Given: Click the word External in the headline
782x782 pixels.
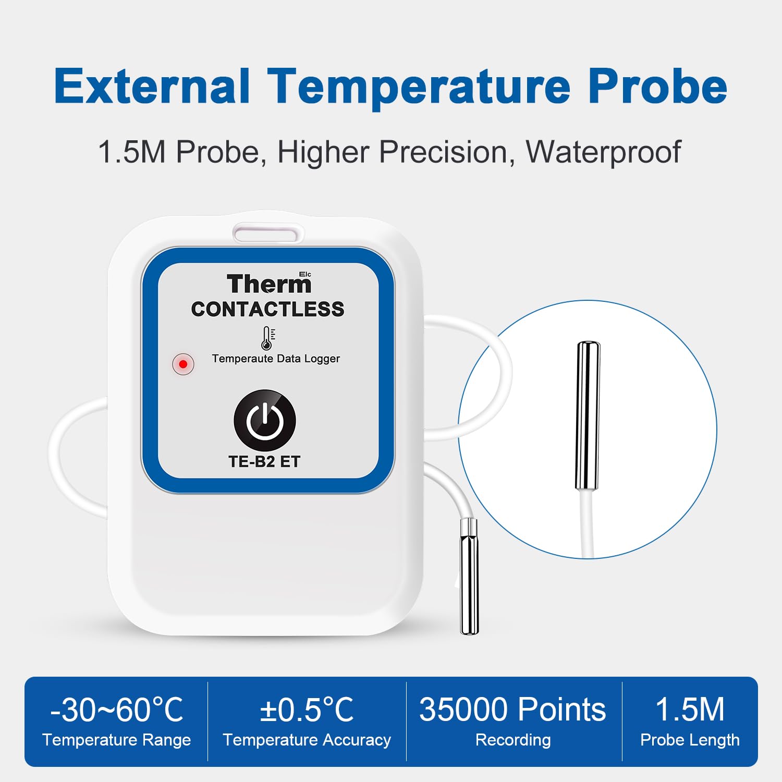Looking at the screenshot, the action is [152, 87].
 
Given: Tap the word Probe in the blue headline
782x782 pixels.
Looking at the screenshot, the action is [657, 87].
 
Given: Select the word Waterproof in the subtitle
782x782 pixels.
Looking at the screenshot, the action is [603, 152].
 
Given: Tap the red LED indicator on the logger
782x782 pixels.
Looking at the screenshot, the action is [183, 364].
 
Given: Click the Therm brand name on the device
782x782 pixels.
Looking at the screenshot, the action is [269, 284].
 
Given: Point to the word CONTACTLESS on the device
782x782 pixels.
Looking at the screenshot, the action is [267, 309].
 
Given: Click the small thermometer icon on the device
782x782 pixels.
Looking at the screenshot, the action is [267, 338].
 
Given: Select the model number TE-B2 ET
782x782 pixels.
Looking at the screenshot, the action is [264, 461].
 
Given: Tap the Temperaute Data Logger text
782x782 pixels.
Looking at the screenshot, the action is [276, 359].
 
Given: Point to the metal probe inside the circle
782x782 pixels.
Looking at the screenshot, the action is [588, 416].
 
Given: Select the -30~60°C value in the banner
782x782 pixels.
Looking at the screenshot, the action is [117, 710].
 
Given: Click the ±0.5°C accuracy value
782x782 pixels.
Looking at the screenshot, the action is [307, 710].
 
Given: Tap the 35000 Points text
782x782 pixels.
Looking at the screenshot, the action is [513, 710].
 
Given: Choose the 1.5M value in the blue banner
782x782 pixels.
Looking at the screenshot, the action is [690, 710].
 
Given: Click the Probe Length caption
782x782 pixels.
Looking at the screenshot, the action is [690, 740].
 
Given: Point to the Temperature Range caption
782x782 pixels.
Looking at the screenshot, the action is [117, 740].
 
